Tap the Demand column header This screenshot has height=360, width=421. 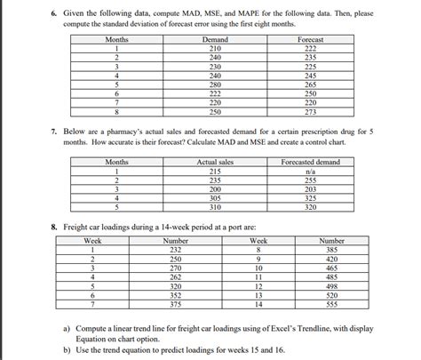pos(214,41)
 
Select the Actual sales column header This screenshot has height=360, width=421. pos(214,162)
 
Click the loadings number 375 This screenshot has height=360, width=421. pos(175,304)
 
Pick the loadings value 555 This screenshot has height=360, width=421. pos(331,304)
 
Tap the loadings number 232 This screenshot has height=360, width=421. pos(175,250)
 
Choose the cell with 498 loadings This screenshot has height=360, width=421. pos(331,286)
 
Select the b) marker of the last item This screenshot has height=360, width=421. pos(68,351)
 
